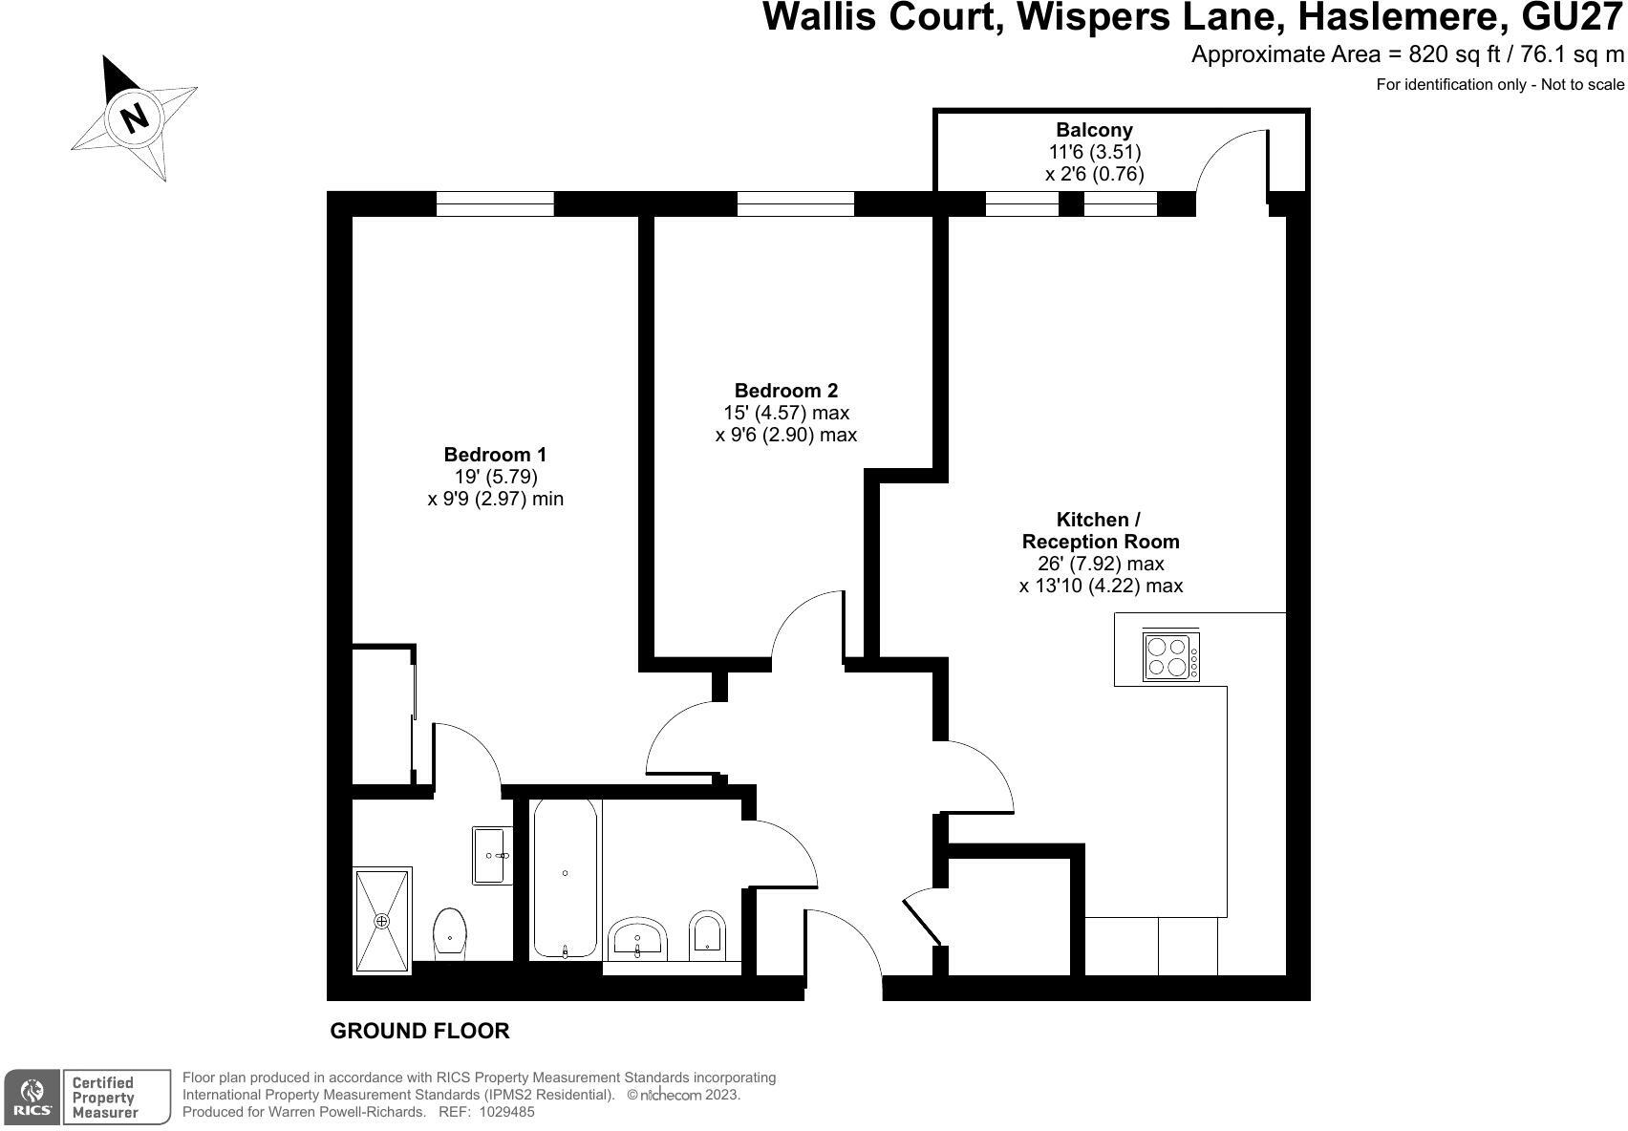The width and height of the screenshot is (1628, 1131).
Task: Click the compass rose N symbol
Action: coord(135,117)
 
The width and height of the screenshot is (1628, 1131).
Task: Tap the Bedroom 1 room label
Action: coord(495,455)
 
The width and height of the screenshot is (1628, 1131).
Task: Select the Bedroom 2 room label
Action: coord(785,391)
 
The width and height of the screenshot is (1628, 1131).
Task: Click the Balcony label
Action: coord(1094,130)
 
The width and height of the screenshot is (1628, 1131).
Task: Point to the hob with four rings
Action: coord(1171,657)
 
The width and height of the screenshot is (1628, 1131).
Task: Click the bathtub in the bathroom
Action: coord(566,877)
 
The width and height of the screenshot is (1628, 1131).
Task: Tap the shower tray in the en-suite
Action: coord(382,920)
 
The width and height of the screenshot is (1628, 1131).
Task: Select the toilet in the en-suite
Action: coord(450,931)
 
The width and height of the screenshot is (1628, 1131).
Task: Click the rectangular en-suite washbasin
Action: coord(493,855)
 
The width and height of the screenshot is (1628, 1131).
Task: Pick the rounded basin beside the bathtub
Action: coord(637,938)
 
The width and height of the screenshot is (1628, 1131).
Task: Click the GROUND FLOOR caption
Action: coord(419,1031)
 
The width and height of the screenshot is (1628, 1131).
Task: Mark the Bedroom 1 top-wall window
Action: coord(495,203)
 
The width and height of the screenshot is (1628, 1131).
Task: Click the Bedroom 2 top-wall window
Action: coord(795,203)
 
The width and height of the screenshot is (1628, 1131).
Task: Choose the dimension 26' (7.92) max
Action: coord(1101,564)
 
